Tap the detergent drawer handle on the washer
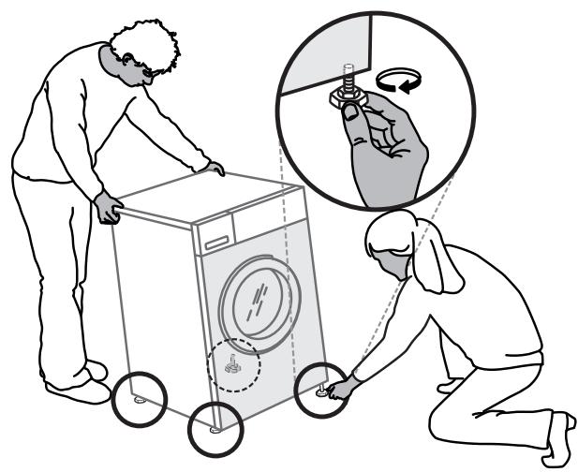coord(215,242)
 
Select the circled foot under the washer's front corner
coord(215,430)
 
